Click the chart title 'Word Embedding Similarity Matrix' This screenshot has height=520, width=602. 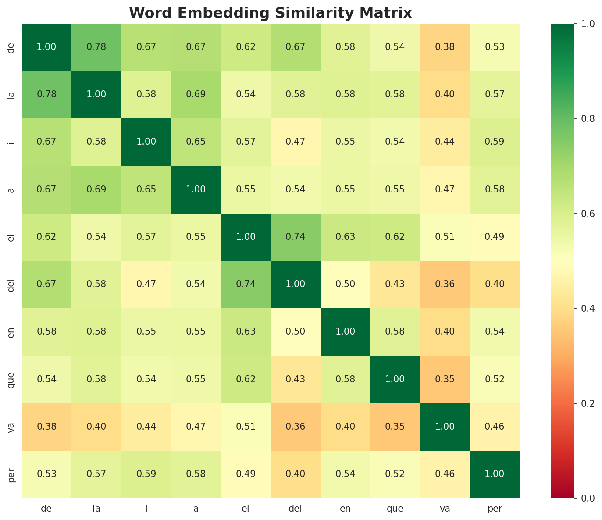coord(271,13)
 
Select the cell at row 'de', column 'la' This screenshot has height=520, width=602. coord(96,47)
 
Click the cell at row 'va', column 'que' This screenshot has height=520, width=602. coord(395,427)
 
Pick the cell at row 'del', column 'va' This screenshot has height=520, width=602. coord(445,284)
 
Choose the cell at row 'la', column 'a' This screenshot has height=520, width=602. coord(196,94)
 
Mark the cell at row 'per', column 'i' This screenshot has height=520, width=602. coord(146,474)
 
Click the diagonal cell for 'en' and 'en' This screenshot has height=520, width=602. coord(345,331)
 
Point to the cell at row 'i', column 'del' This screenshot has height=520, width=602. coord(296,142)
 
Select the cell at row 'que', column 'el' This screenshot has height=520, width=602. coord(246,379)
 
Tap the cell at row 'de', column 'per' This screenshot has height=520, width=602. coord(495,47)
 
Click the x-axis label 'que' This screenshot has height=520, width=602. coord(395,509)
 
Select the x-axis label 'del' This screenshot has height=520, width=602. coord(296,509)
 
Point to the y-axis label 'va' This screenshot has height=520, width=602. coord(12,427)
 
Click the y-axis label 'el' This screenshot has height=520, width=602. coord(12,237)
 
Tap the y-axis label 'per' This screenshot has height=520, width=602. coord(12,474)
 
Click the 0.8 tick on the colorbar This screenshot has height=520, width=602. coord(574,118)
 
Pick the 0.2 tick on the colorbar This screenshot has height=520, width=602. coord(574,403)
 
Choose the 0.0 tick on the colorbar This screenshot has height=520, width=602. coord(574,498)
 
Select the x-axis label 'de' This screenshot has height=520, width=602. coord(46,509)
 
